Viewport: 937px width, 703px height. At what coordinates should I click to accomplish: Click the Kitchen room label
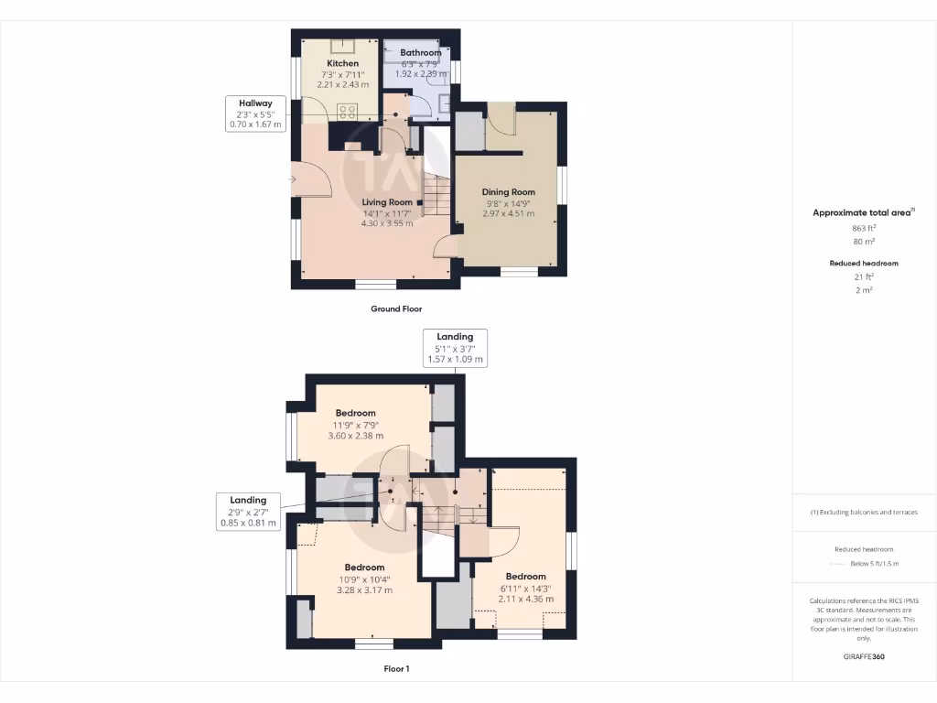point(343,63)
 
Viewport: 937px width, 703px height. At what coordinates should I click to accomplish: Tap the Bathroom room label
point(420,53)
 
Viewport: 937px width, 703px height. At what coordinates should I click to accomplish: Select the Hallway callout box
point(255,114)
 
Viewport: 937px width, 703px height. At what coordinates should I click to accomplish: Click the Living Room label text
point(386,202)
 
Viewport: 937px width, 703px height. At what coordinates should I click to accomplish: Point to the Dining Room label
point(508,192)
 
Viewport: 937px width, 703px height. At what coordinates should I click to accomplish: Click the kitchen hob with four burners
point(348,112)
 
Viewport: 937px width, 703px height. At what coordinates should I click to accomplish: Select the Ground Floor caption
point(396,309)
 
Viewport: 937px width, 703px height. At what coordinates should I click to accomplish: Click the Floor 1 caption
point(396,669)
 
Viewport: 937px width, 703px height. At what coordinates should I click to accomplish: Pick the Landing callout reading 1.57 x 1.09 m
point(456,349)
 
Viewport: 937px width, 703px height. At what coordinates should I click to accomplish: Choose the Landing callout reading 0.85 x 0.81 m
point(248,512)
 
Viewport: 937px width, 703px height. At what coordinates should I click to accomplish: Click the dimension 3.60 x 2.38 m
point(355,436)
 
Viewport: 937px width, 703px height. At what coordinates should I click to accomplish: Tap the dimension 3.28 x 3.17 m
point(364,590)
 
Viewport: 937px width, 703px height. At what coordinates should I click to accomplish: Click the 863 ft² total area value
point(864,228)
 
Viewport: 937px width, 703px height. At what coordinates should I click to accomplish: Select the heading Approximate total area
point(862,212)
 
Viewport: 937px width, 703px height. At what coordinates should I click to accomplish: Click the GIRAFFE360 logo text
point(864,656)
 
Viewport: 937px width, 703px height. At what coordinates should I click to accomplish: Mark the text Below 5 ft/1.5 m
point(874,564)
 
